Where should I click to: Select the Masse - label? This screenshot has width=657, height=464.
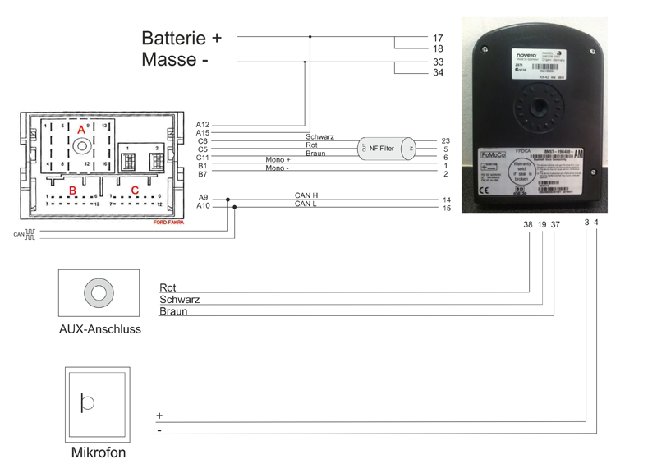(175, 60)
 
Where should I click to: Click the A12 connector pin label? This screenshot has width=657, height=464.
(204, 124)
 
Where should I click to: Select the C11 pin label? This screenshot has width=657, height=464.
(204, 157)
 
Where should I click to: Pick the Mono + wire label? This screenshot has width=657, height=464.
(280, 159)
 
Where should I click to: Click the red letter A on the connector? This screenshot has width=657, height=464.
(80, 130)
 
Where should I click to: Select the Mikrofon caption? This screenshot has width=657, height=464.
(98, 453)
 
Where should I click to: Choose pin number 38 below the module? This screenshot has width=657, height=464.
(529, 224)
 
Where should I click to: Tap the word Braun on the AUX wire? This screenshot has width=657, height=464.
(174, 312)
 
